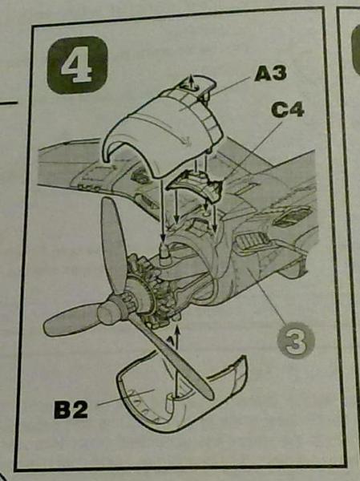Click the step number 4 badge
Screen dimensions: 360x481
[77, 65]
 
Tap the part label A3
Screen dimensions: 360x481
[270, 74]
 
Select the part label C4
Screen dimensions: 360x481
[288, 110]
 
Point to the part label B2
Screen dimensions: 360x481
[71, 410]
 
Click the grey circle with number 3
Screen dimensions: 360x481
[296, 340]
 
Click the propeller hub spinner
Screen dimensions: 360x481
[108, 310]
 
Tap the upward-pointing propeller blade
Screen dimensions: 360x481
[113, 245]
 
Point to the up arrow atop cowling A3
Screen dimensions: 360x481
[191, 81]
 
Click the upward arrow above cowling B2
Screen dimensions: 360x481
[177, 334]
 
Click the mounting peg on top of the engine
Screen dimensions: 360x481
[164, 253]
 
